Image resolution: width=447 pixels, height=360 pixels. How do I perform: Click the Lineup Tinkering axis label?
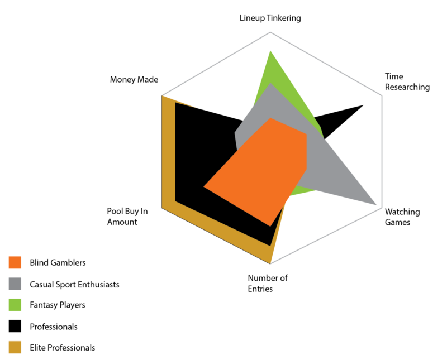coord(270,18)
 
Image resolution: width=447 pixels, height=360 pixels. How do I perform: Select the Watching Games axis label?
coord(402,217)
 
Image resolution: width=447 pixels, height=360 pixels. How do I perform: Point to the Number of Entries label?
coord(268,283)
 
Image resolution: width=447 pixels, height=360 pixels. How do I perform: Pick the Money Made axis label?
coord(134,80)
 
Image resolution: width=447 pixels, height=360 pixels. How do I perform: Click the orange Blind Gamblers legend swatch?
coord(15,263)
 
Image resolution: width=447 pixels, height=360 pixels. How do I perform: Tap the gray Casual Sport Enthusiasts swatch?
coord(15,284)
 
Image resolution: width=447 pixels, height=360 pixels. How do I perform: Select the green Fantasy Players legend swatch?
coord(15,305)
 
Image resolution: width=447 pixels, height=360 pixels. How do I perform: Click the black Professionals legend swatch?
coord(15,327)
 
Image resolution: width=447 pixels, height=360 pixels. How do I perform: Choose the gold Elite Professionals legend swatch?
coord(15,348)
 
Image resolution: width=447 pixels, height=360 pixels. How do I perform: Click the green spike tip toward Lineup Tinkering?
coord(271,51)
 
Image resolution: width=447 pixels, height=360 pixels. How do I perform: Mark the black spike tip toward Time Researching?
coord(363,104)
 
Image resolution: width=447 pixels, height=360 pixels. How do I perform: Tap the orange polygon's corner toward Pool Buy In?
coord(204,186)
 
